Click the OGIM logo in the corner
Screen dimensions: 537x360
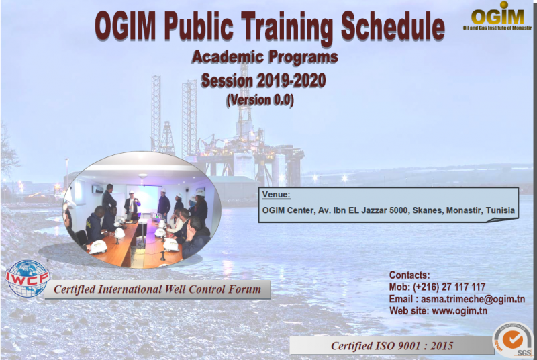pos(497,15)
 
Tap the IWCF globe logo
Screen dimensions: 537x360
pos(27,278)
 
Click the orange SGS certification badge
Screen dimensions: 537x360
pos(513,340)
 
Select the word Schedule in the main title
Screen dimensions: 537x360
pos(393,27)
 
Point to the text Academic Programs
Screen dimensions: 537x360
pos(264,57)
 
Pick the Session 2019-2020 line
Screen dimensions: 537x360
pos(263,81)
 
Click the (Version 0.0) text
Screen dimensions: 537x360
pos(260,100)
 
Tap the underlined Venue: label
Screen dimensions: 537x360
pos(276,195)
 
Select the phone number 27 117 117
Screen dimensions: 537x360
pos(464,287)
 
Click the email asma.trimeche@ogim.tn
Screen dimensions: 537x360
pos(473,299)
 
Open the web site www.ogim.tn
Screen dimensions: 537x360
pos(459,311)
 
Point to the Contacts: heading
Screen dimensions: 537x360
pos(409,275)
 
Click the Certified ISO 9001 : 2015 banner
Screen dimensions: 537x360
pos(392,346)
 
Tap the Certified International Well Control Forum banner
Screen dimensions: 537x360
pos(158,289)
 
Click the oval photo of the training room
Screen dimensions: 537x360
pos(142,210)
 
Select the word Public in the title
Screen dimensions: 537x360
pos(199,26)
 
